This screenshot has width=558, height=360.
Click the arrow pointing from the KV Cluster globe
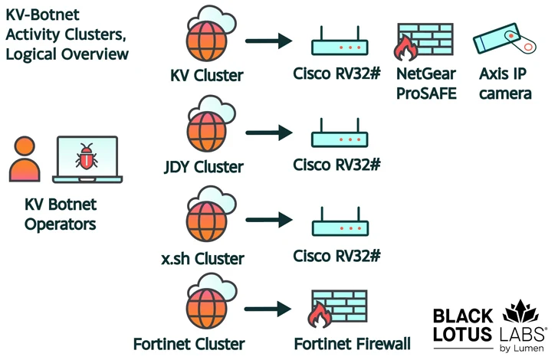(x=268, y=42)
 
